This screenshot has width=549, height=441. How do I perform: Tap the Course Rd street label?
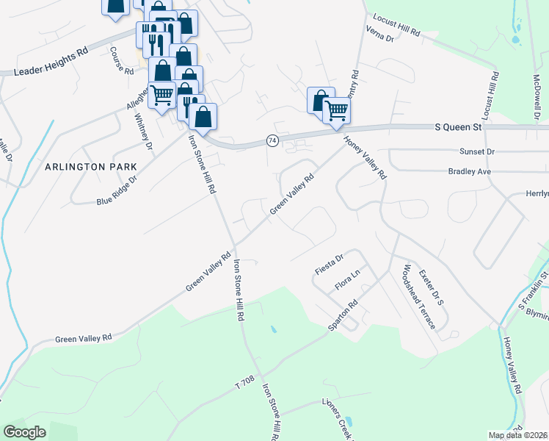coord(121,62)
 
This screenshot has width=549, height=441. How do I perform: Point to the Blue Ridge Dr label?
coord(117,190)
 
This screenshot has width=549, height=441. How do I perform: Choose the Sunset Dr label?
coord(477,151)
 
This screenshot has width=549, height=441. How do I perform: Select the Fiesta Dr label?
coord(330,263)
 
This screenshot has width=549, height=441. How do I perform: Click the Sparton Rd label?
coord(343,314)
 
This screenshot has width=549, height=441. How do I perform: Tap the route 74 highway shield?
coord(272,140)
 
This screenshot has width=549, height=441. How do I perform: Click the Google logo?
coord(25,432)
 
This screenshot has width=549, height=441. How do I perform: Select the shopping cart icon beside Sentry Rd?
coord(336,111)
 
